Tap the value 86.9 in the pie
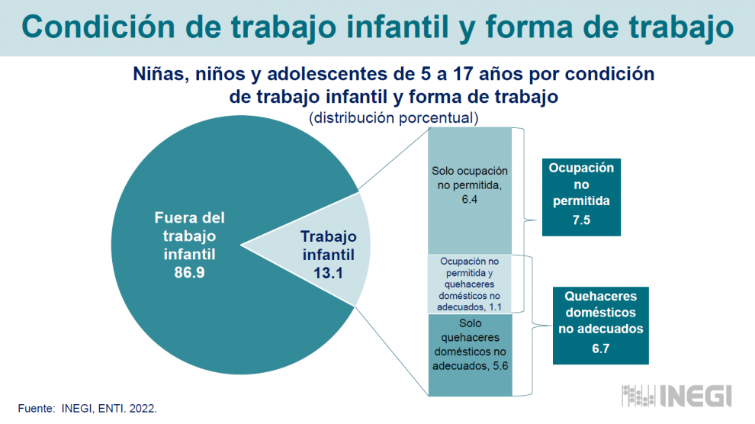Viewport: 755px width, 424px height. coord(189,272)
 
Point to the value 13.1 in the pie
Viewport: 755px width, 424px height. coord(328,273)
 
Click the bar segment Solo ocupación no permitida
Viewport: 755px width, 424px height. coord(470,191)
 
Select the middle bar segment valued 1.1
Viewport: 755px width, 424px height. coord(470,284)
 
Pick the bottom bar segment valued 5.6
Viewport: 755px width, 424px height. coord(470,355)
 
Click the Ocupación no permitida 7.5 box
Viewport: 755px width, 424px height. coord(581,197)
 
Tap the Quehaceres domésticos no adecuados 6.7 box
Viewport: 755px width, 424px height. coord(600,326)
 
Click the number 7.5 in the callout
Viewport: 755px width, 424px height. coord(581,220)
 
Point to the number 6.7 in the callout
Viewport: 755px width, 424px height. coord(600,349)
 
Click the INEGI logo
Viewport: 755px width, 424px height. coord(676,396)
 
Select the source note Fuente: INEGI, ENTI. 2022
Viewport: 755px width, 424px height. coord(87,409)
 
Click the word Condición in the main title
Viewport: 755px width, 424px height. coord(98,27)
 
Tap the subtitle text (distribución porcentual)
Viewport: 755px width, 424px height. coord(394,118)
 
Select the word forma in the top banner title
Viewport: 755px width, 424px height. coord(530,27)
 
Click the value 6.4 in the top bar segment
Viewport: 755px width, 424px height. coord(470,199)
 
